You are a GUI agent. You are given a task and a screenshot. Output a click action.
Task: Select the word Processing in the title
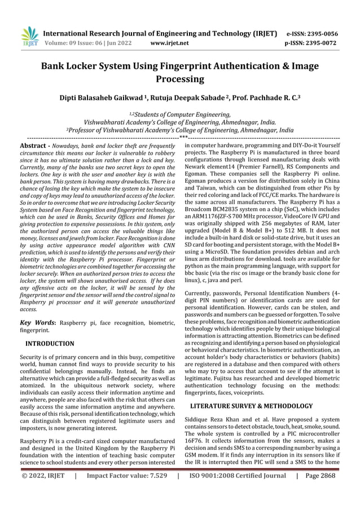point(179,79)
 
